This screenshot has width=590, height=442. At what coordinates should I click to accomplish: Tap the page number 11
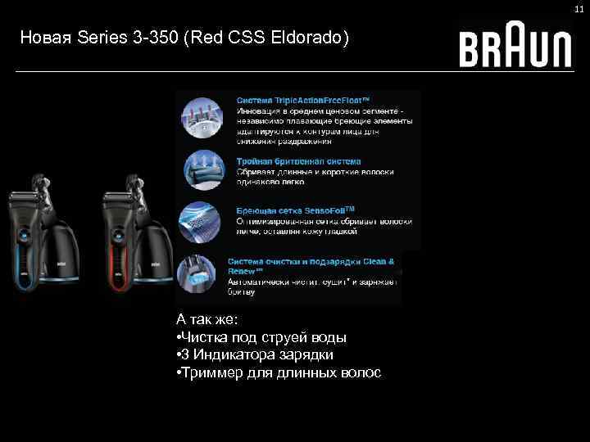[x=578, y=8]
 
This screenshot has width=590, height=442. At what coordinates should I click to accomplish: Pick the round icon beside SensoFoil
[x=202, y=219]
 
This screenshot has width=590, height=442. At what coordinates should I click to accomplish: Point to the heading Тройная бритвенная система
[x=298, y=161]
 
